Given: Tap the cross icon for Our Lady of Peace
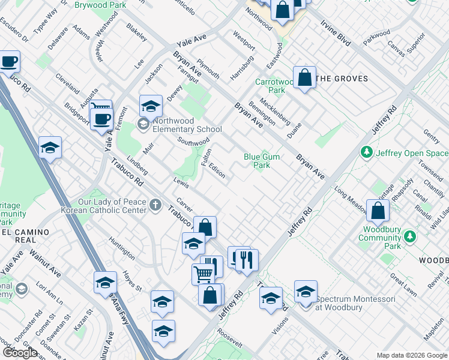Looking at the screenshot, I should pyautogui.click(x=155, y=205).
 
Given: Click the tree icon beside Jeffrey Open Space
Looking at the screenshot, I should pyautogui.click(x=367, y=152).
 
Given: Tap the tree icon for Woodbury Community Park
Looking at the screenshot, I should pyautogui.click(x=411, y=236).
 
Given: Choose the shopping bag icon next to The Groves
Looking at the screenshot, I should pyautogui.click(x=305, y=77).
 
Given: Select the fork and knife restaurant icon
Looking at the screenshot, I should pyautogui.click(x=247, y=260).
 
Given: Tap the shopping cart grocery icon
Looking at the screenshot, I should pyautogui.click(x=203, y=274).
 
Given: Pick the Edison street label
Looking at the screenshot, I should pyautogui.click(x=217, y=171).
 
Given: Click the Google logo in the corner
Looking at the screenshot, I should pyautogui.click(x=20, y=353).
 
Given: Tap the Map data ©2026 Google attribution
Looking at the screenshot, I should pyautogui.click(x=411, y=355).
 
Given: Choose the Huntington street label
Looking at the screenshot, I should pyautogui.click(x=122, y=248).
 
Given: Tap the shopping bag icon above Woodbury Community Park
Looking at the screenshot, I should pyautogui.click(x=378, y=211).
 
